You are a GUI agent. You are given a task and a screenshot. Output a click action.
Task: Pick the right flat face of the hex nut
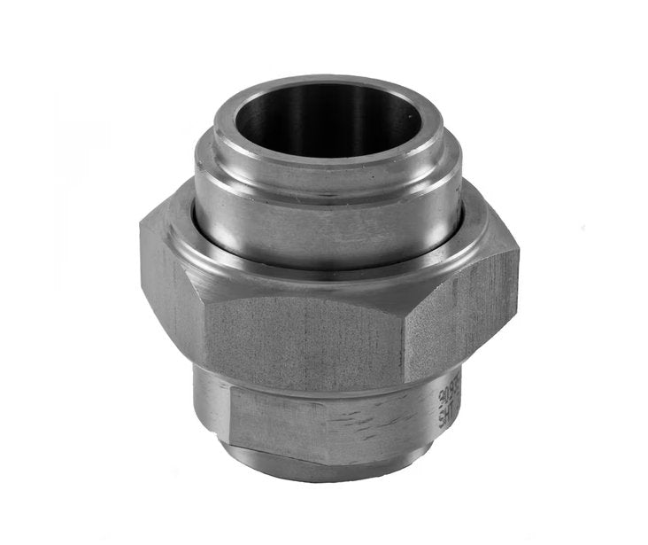tap(460, 310)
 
